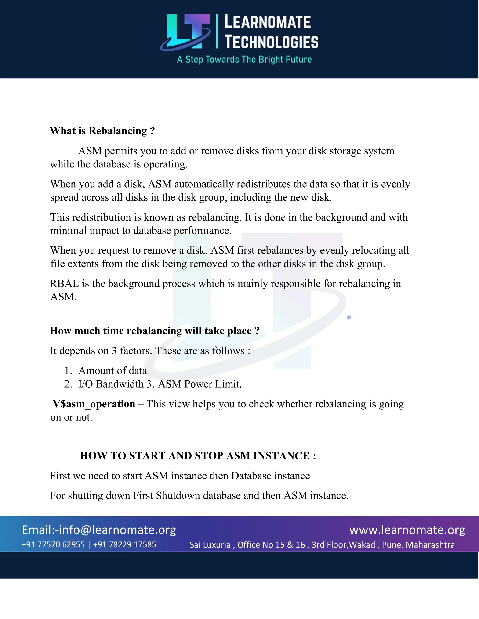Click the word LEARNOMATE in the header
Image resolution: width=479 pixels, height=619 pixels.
pyautogui.click(x=267, y=22)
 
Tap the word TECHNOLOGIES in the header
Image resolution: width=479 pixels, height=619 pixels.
pyautogui.click(x=272, y=42)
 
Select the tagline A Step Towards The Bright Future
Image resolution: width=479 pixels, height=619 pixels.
pyautogui.click(x=244, y=60)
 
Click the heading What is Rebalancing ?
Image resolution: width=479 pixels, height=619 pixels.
pyautogui.click(x=102, y=131)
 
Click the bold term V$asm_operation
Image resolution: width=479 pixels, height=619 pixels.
pyautogui.click(x=94, y=404)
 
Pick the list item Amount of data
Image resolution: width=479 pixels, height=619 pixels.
pyautogui.click(x=113, y=370)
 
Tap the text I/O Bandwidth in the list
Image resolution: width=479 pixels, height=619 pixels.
pyautogui.click(x=111, y=384)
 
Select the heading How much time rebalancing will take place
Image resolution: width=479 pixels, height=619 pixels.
pyautogui.click(x=154, y=331)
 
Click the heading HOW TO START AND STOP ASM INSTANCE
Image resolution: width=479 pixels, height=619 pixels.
pyautogui.click(x=198, y=456)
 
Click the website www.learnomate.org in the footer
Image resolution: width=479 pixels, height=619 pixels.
pyautogui.click(x=407, y=530)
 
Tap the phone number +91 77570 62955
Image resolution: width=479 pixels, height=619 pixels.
pyautogui.click(x=53, y=544)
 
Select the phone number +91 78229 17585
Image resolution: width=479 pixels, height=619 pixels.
pyautogui.click(x=125, y=544)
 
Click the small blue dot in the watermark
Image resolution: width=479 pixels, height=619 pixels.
pyautogui.click(x=349, y=317)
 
